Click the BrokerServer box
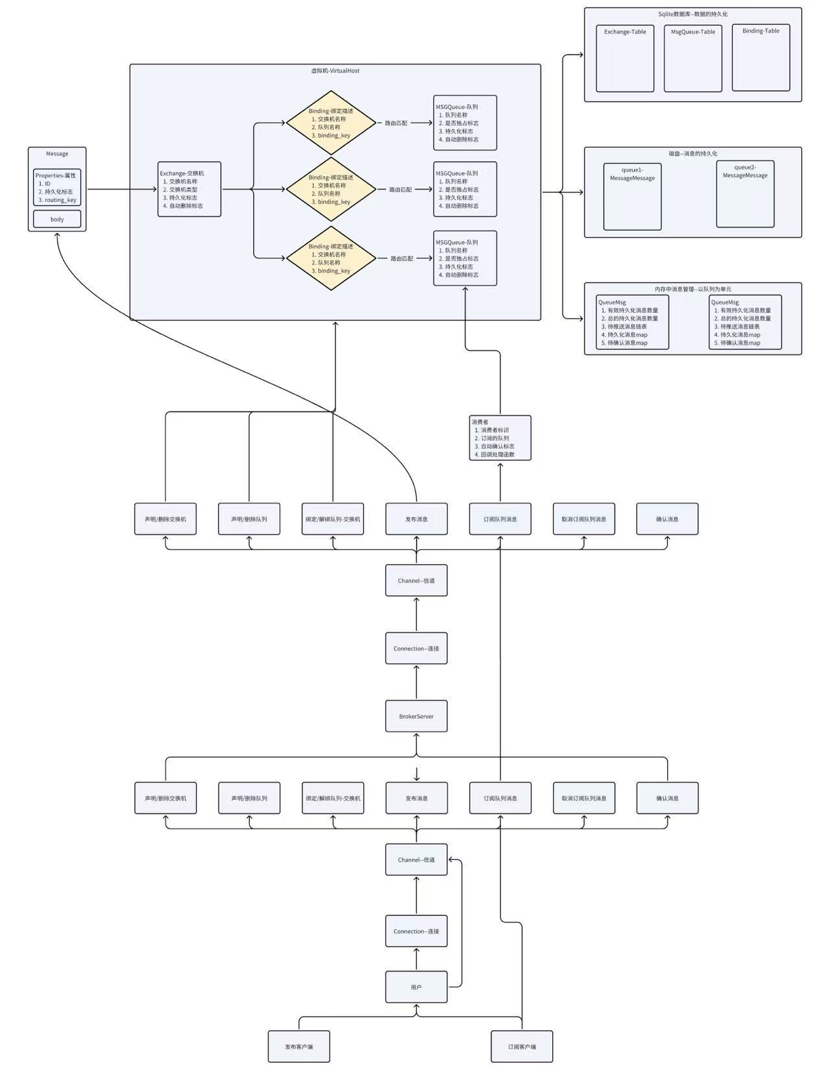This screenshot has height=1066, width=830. (x=416, y=716)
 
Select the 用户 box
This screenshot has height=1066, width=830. (x=416, y=987)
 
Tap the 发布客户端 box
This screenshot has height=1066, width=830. (x=299, y=1047)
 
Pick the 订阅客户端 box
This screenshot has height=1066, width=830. (x=522, y=1047)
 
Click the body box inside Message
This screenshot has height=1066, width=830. (x=57, y=219)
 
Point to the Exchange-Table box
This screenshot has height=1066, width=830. (x=625, y=58)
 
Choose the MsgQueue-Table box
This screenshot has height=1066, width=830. (x=693, y=58)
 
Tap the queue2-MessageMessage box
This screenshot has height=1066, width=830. (x=745, y=193)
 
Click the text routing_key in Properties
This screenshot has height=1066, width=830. (x=60, y=200)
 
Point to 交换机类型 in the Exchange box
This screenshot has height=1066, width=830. (x=183, y=190)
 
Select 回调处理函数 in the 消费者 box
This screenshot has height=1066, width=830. (x=497, y=454)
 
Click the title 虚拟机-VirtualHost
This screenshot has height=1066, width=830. (x=335, y=71)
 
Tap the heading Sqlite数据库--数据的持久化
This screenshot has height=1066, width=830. (x=692, y=14)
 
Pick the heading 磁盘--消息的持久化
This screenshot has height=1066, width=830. (x=692, y=154)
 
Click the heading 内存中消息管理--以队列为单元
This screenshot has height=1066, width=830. (x=692, y=289)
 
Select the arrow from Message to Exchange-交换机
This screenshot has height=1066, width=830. (x=122, y=190)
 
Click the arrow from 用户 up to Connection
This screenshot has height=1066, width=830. (x=416, y=960)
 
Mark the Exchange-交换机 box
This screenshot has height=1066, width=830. (x=189, y=189)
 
